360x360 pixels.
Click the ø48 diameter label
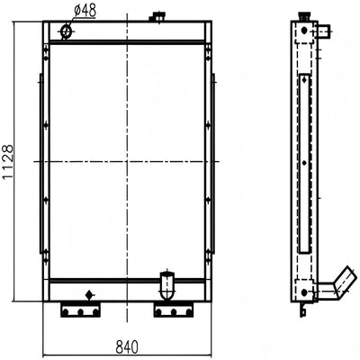click(x=85, y=11)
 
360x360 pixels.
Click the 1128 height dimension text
click(x=7, y=162)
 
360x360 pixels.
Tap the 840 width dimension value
click(x=127, y=347)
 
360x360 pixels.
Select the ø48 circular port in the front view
click(x=66, y=31)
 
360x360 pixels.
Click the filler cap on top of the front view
click(x=157, y=16)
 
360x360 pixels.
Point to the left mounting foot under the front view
click(x=80, y=310)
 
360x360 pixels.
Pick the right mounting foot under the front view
click(x=174, y=310)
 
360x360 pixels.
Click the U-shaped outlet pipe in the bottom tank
click(x=167, y=285)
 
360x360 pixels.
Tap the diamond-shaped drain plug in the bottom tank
click(x=89, y=294)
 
